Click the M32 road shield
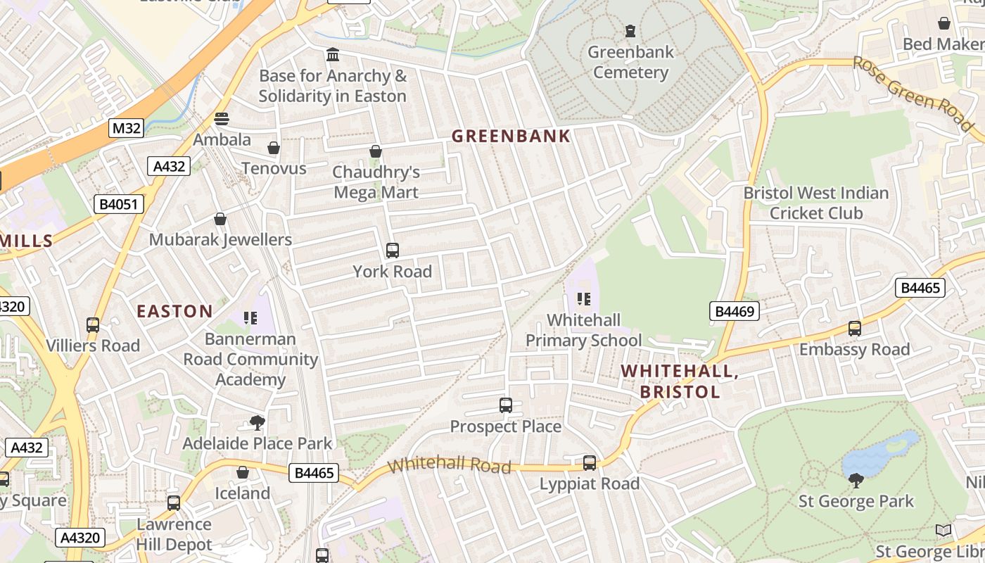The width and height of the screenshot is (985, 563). click(127, 128)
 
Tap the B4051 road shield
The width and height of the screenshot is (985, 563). click(119, 204)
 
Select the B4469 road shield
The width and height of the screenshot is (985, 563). click(735, 311)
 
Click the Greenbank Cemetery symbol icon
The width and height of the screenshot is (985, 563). click(630, 31)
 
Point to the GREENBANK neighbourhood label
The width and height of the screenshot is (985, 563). click(511, 136)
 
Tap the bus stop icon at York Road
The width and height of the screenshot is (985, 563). click(393, 251)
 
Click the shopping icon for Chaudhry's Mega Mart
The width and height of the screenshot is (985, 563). click(376, 151)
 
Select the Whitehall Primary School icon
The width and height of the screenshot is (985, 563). click(584, 300)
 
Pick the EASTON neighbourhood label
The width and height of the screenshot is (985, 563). click(174, 311)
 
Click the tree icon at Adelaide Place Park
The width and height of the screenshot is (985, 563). click(258, 423)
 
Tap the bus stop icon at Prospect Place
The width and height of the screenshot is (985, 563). click(506, 405)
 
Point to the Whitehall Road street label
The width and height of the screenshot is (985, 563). click(449, 464)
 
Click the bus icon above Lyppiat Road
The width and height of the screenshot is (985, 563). click(590, 463)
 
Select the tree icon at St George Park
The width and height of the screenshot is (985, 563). click(856, 481)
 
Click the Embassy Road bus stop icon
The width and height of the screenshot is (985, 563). click(855, 329)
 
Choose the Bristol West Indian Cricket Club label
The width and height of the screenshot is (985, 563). click(816, 203)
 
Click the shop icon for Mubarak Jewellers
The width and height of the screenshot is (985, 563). click(220, 220)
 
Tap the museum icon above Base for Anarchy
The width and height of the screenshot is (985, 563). click(333, 55)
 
